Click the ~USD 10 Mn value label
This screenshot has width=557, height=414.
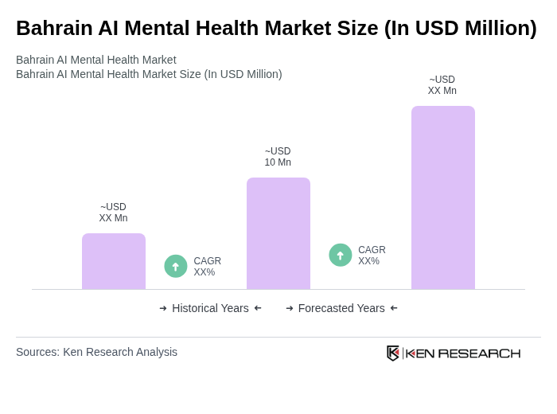(x=278, y=157)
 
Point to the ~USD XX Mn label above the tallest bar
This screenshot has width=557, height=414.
(x=442, y=85)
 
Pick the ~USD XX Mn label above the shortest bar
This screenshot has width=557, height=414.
(x=113, y=213)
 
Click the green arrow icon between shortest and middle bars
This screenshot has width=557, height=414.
(x=176, y=266)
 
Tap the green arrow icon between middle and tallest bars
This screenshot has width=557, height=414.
(x=341, y=255)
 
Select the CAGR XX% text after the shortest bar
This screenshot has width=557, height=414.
(x=207, y=267)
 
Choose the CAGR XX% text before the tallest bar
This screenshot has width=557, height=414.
(x=372, y=256)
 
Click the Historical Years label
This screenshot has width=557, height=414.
(x=210, y=308)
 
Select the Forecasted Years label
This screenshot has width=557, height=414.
(x=341, y=308)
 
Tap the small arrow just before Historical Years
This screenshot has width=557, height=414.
(x=163, y=308)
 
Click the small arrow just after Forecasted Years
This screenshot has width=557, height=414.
(x=394, y=308)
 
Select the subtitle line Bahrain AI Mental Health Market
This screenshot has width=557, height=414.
(x=96, y=60)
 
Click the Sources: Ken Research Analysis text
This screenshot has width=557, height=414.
(x=96, y=352)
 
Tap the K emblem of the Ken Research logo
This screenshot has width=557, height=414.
(x=393, y=353)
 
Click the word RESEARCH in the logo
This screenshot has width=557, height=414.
(x=479, y=353)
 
